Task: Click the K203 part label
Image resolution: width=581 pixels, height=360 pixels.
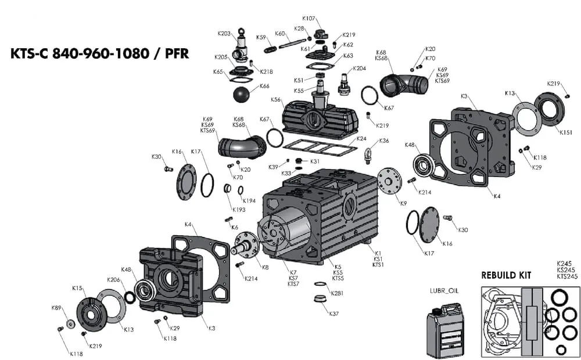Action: [x=224, y=33]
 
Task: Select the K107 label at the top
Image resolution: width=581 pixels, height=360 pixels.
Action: [x=309, y=18]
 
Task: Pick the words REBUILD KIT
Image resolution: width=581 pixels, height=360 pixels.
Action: [x=506, y=275]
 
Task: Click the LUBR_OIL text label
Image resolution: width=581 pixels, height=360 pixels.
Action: [x=444, y=290]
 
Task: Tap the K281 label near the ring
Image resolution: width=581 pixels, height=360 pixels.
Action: [x=338, y=293]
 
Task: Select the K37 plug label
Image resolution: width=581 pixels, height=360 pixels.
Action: [x=333, y=314]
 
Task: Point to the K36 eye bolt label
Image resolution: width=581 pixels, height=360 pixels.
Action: [x=384, y=141]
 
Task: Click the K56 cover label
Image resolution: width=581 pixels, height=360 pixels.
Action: [x=276, y=100]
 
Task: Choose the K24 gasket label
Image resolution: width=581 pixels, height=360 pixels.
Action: [x=361, y=139]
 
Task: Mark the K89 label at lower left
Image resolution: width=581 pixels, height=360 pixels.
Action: [x=56, y=308]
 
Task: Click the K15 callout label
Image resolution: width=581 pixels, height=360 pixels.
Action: [x=77, y=288]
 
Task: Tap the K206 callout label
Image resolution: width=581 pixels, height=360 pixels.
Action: [x=113, y=280]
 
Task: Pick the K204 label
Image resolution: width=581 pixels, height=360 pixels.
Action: [x=359, y=69]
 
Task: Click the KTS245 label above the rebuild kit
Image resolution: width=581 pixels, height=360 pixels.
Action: [x=567, y=276]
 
